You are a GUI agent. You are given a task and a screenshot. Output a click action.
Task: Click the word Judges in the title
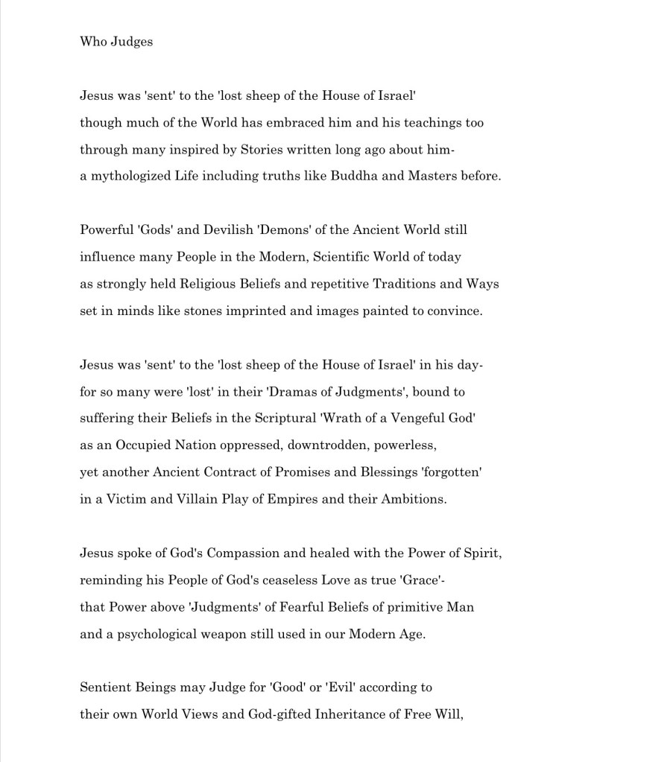tap(132, 42)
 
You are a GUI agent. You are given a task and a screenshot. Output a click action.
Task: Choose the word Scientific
tap(347, 257)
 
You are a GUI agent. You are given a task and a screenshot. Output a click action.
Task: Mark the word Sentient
tap(105, 687)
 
